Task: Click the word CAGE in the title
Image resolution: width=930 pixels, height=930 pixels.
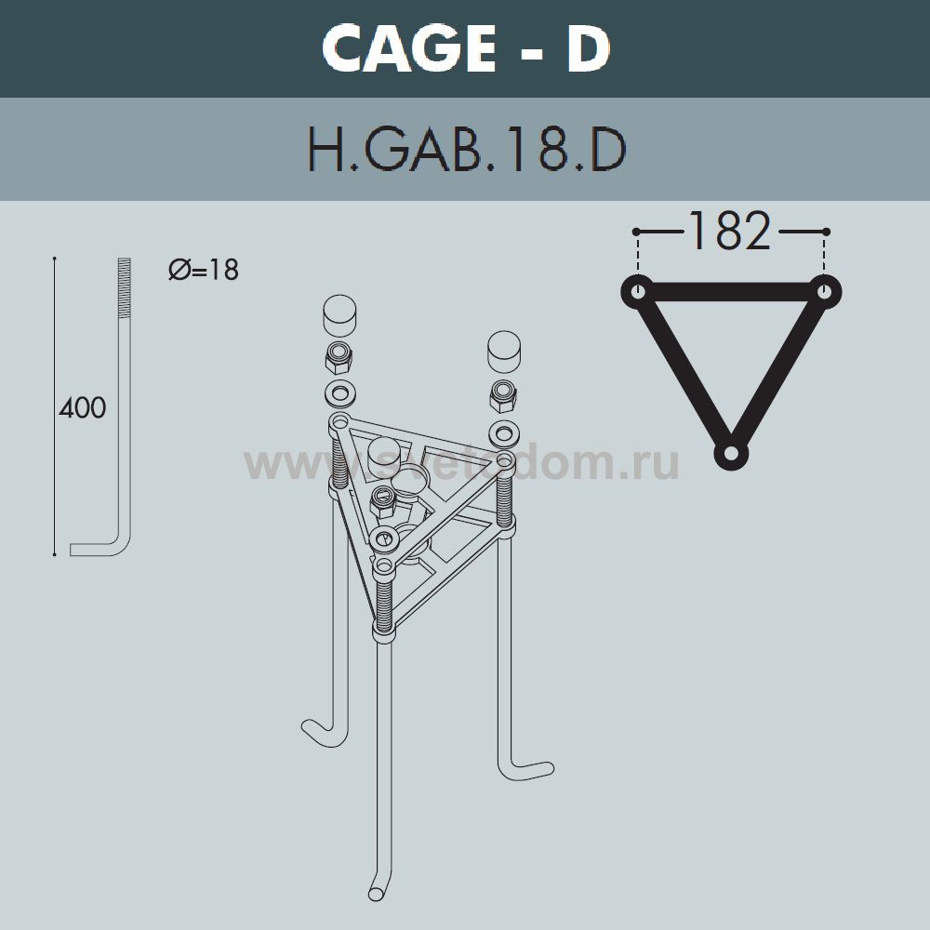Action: click(409, 48)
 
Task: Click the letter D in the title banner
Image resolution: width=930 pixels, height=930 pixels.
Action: click(587, 48)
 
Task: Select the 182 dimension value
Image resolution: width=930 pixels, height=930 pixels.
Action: click(729, 231)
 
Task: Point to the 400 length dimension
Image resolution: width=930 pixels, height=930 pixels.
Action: click(83, 407)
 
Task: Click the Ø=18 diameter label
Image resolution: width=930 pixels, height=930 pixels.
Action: click(204, 270)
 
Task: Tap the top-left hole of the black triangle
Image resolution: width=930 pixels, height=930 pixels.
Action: click(638, 292)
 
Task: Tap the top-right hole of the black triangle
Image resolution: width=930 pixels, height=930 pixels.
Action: click(824, 292)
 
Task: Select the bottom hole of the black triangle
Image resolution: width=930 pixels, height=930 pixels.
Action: click(731, 454)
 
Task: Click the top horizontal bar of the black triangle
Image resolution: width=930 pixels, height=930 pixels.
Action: click(731, 292)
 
